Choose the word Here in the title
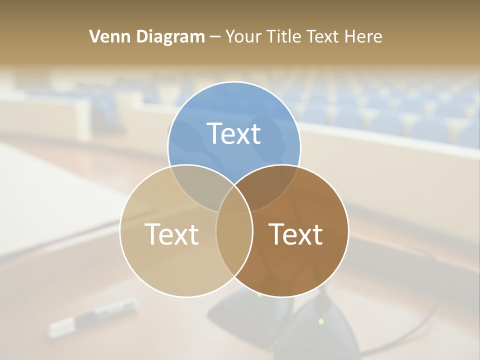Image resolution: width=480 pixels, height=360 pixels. coord(365,36)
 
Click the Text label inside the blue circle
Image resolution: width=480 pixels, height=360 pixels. coord(234,133)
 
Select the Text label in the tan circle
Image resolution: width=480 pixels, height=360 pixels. coord(171,233)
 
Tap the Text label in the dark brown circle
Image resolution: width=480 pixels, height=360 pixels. coord(295,233)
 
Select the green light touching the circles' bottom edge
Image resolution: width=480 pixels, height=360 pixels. coord(259,295)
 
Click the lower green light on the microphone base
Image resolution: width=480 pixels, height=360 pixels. coord(321,320)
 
